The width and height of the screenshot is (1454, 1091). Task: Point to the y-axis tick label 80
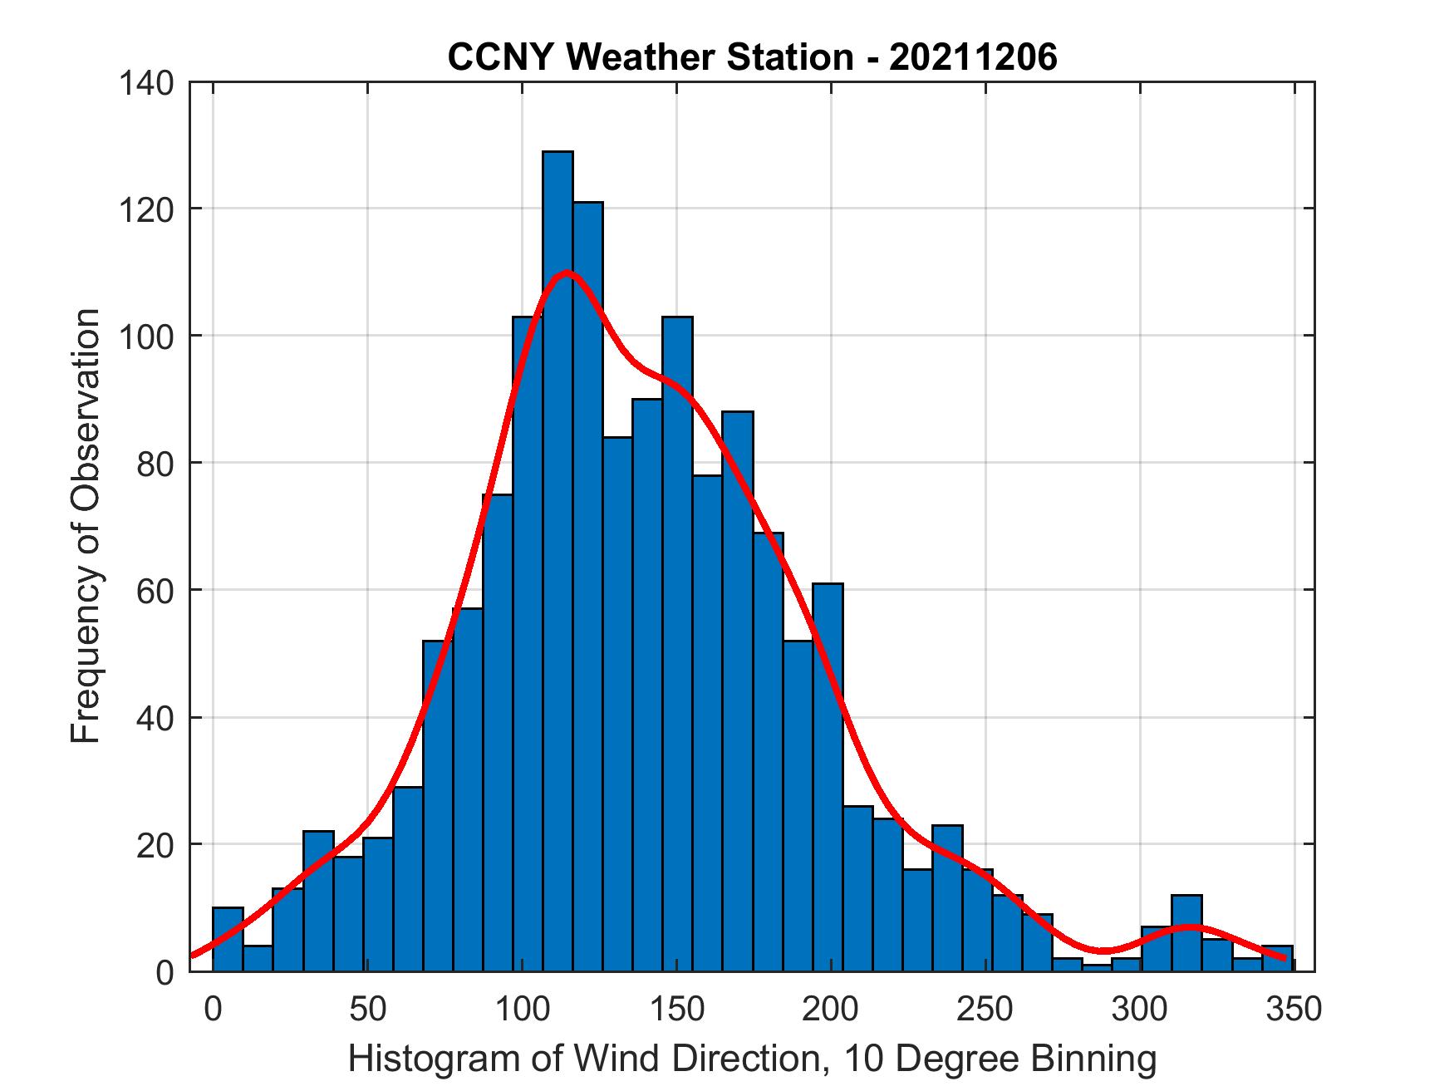click(x=156, y=463)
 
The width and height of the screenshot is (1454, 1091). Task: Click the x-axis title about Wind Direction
click(x=752, y=1059)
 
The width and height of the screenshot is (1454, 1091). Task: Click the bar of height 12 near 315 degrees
click(x=1186, y=932)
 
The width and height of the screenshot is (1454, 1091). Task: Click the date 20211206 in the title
click(x=973, y=57)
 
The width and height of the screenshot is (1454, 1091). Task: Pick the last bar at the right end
click(x=1278, y=958)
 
